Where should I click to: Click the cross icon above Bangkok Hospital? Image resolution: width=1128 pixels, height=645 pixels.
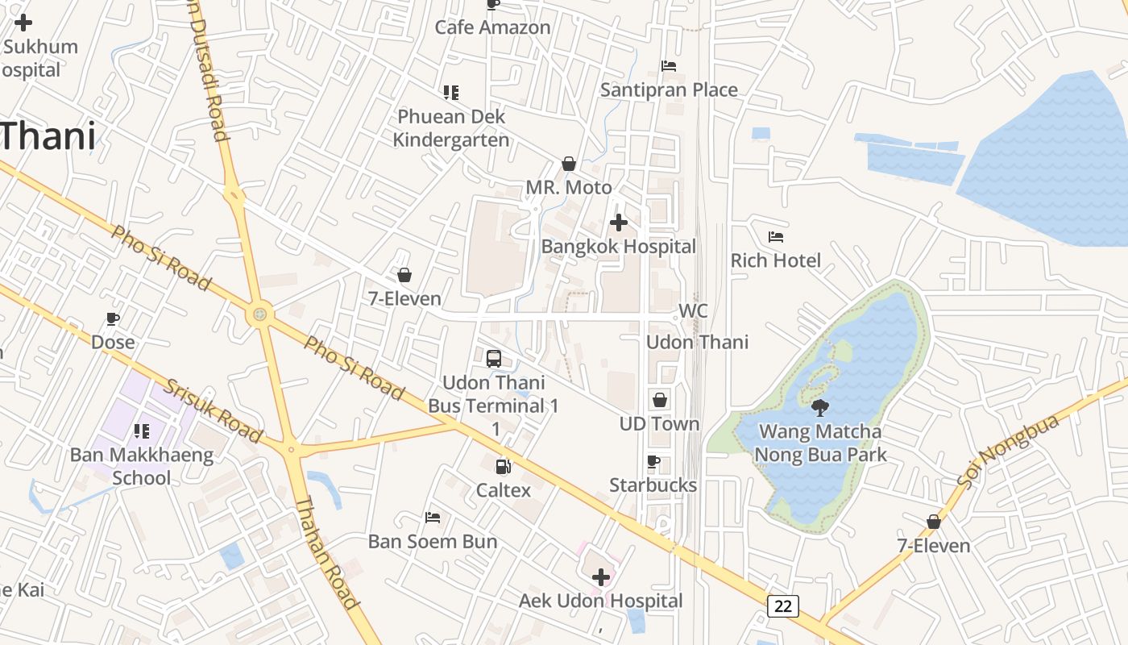pos(619,223)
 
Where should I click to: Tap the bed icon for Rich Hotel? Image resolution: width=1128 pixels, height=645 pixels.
pos(776,237)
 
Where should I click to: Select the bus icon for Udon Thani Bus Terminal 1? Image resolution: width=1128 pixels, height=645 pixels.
pos(494,359)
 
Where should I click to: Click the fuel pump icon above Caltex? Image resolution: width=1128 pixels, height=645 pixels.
pos(503,466)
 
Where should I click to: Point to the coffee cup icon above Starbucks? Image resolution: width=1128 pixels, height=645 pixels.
pos(653,462)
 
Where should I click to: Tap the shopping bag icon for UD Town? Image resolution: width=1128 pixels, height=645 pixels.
pos(660,400)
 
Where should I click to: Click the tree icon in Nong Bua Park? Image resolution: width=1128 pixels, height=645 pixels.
pos(820,407)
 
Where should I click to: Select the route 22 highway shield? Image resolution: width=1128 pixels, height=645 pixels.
pos(783,606)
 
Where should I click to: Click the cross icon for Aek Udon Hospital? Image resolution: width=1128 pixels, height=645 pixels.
pos(601,577)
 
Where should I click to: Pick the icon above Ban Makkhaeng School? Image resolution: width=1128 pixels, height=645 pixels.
pos(142,431)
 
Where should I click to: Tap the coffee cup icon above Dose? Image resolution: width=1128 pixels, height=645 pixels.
pos(113,318)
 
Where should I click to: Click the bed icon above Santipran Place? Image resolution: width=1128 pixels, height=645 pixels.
pos(669,66)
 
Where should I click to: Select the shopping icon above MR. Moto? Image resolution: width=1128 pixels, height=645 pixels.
pos(569,164)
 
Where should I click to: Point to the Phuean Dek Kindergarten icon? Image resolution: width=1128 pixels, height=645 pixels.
pos(451,93)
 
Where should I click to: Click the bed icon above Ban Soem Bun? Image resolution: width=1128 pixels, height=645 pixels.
pos(433,518)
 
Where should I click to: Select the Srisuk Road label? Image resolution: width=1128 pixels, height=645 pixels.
pos(213,410)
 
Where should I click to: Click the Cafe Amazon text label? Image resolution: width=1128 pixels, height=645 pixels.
pos(492,27)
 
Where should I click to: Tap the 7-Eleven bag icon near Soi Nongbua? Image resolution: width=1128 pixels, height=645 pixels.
pos(934,522)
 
